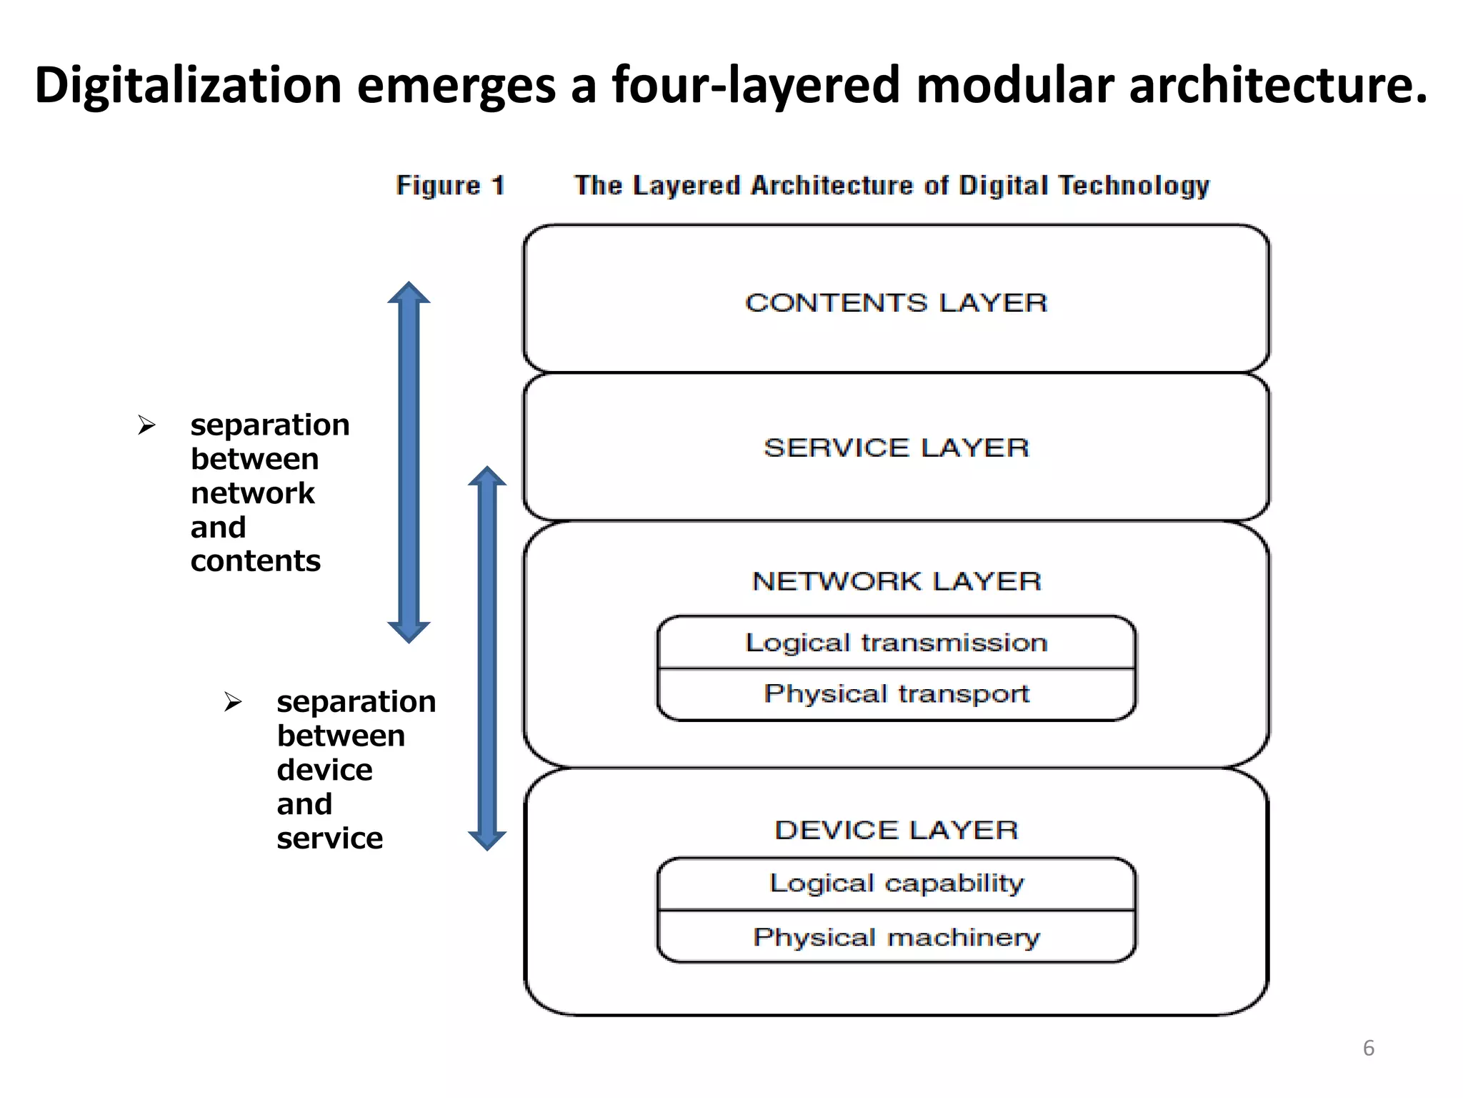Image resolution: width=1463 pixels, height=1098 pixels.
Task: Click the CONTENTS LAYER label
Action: [x=896, y=303]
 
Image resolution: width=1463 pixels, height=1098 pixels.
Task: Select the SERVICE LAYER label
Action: [x=896, y=448]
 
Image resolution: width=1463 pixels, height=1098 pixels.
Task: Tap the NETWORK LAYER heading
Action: [x=896, y=581]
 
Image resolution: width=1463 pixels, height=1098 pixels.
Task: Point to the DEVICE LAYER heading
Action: [x=896, y=830]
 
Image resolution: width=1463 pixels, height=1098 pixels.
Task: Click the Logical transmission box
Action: [x=896, y=643]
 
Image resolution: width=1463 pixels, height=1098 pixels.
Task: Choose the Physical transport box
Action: [x=896, y=694]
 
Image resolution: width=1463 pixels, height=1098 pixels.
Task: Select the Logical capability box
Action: [x=896, y=884]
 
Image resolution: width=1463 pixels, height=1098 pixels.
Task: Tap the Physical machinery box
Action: [x=896, y=937]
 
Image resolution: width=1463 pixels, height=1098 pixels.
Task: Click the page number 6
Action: [x=1368, y=1048]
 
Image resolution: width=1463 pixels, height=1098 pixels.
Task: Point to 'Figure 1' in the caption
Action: [x=450, y=186]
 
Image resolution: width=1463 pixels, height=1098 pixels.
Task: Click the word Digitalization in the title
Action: [x=188, y=86]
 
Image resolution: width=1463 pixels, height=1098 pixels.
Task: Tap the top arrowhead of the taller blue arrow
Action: [x=409, y=293]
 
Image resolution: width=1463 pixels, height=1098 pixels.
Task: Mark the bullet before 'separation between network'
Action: [x=146, y=425]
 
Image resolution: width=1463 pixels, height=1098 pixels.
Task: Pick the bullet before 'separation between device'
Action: [x=233, y=702]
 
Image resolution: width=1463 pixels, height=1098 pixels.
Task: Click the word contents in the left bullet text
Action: [x=255, y=561]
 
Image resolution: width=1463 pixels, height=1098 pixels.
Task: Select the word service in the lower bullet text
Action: [x=329, y=839]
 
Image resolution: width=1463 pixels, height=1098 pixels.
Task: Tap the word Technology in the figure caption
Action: [x=1134, y=186]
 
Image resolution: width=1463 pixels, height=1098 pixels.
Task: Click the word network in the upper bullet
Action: [x=252, y=493]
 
